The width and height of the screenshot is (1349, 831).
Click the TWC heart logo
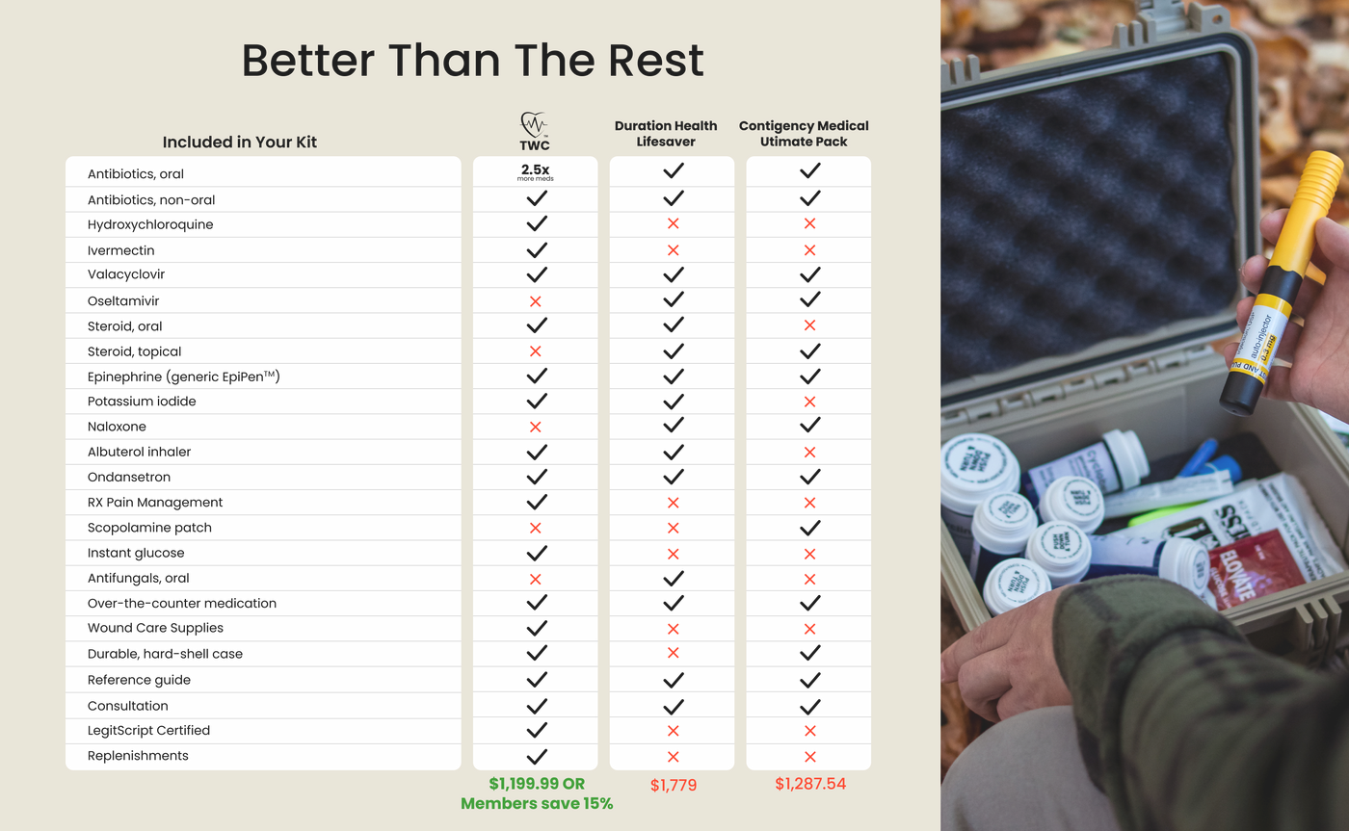click(x=534, y=124)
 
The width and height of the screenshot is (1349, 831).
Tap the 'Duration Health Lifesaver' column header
click(x=666, y=134)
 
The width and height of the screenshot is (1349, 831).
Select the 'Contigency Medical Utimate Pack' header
click(x=804, y=134)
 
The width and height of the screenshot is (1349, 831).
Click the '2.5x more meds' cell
click(x=535, y=172)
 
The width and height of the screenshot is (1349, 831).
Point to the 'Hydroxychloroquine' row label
click(x=150, y=224)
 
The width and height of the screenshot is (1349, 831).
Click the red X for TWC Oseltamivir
click(x=535, y=301)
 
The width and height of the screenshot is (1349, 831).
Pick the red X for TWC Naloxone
click(x=535, y=427)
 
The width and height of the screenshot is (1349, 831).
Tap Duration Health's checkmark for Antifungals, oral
click(x=673, y=579)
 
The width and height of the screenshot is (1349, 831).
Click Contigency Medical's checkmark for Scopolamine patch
click(x=809, y=528)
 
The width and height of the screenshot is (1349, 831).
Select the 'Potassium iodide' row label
click(x=142, y=402)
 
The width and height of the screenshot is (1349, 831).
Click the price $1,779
click(x=674, y=785)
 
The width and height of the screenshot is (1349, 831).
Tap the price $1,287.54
click(x=810, y=784)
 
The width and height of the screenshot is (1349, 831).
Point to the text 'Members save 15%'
click(x=537, y=804)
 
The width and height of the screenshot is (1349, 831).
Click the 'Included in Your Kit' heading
click(x=239, y=142)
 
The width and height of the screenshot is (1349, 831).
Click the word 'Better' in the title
click(x=307, y=61)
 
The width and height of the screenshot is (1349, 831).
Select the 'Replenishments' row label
click(x=138, y=756)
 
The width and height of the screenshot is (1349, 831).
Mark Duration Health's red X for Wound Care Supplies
click(x=673, y=629)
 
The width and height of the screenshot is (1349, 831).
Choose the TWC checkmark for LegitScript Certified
click(x=536, y=730)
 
